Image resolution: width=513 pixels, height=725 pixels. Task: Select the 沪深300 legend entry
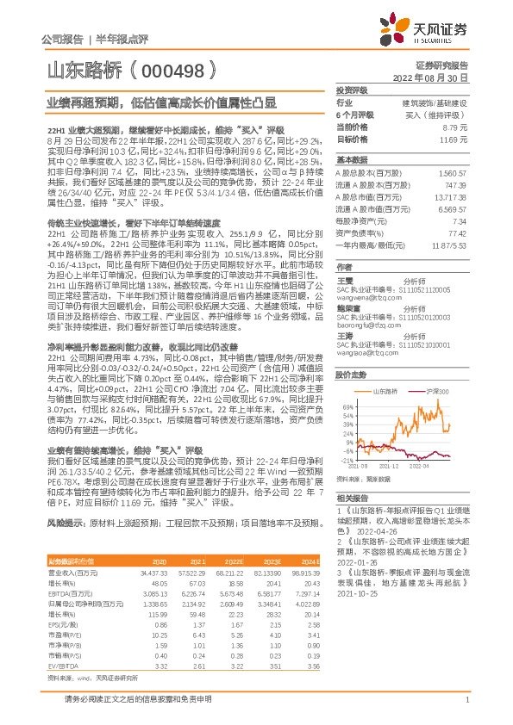(x=441, y=367)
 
